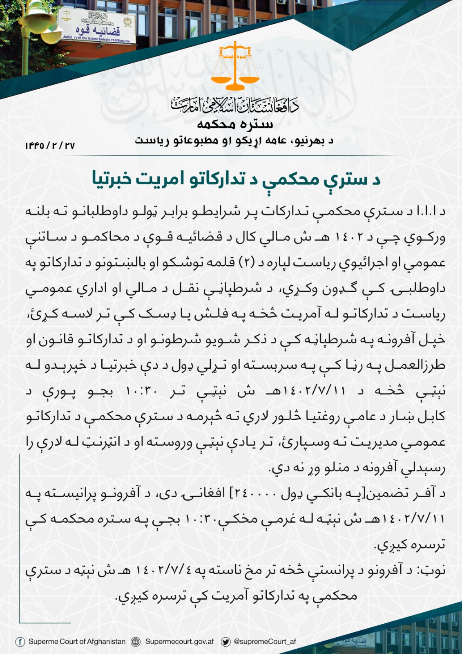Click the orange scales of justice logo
(x=234, y=66)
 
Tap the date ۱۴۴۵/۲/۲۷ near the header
(x=50, y=146)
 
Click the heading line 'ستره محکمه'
(x=235, y=124)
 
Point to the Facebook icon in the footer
(x=20, y=642)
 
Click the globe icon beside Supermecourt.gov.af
(x=136, y=642)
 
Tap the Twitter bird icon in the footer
(x=225, y=642)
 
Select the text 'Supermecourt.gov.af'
(x=179, y=642)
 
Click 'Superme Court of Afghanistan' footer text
(x=77, y=642)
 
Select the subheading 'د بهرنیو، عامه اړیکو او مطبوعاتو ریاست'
(x=235, y=141)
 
